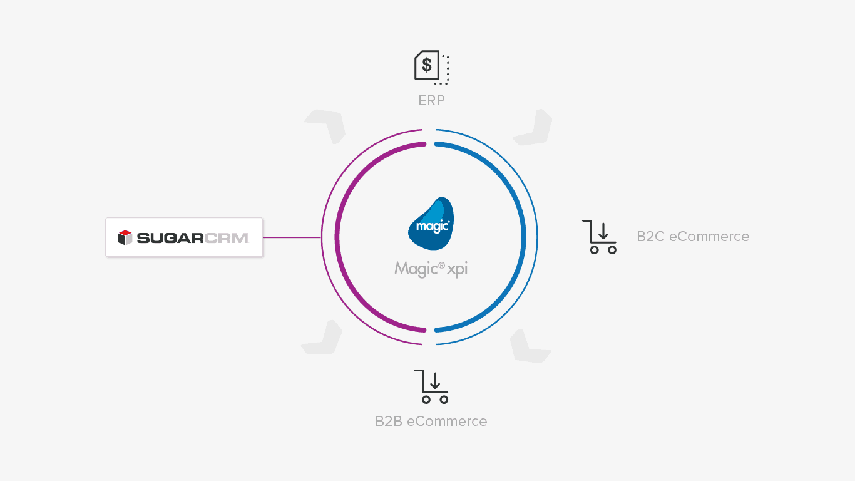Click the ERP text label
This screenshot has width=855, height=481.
[x=431, y=100]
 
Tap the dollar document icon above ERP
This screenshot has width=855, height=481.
[x=431, y=66]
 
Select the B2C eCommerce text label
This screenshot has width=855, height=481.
[x=692, y=237]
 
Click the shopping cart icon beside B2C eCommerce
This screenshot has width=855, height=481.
[x=599, y=237]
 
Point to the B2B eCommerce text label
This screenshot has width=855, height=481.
[x=431, y=421]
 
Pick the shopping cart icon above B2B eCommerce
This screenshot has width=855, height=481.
[x=431, y=386]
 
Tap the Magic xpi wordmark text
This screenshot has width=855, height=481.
[x=431, y=269]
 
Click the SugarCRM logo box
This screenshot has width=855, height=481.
[x=184, y=237]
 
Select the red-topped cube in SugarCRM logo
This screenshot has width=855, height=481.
[x=125, y=237]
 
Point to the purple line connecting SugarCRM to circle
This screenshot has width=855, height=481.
[x=292, y=237]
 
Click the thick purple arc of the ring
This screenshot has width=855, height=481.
[x=338, y=237]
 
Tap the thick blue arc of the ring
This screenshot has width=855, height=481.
[x=523, y=237]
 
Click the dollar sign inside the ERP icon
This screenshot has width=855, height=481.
[x=426, y=65]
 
